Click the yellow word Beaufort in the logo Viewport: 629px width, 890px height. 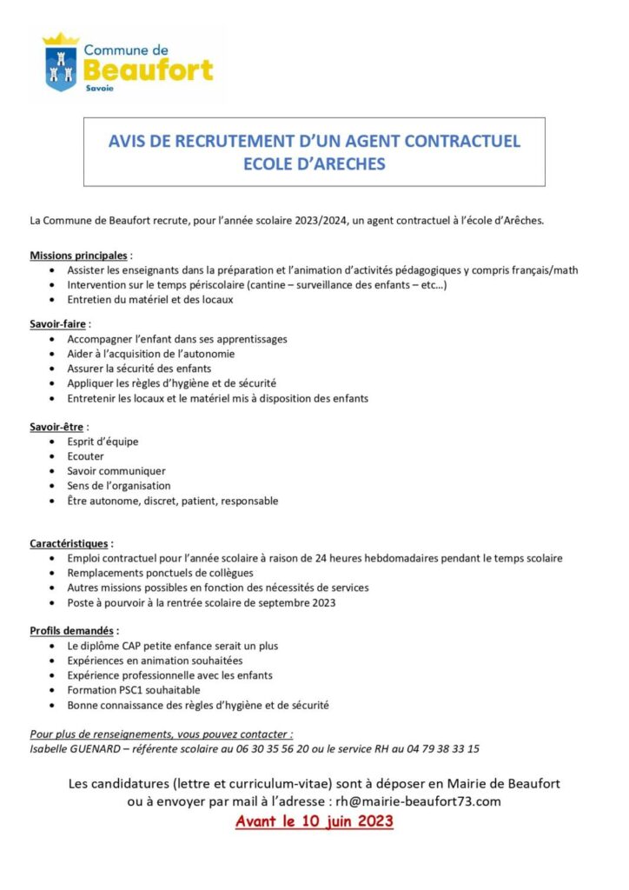coord(148,70)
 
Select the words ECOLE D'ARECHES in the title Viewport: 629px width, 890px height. coord(314,163)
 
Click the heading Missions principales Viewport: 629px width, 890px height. coord(79,256)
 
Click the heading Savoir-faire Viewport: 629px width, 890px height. coord(59,323)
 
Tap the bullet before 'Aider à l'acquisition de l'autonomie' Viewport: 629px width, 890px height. coord(56,354)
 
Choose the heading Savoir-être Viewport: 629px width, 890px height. coord(58,427)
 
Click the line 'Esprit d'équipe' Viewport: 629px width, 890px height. coord(103,442)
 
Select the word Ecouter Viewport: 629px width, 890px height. coord(85,456)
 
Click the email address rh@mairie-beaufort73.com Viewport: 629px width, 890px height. coord(414,801)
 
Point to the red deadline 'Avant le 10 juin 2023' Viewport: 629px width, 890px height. coord(314,821)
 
